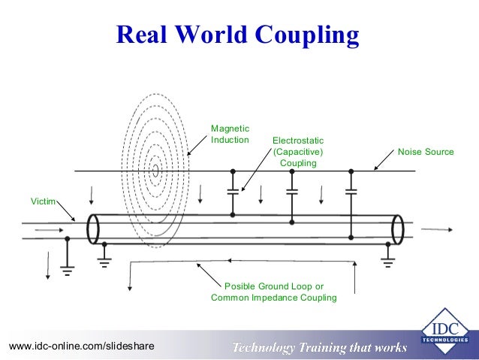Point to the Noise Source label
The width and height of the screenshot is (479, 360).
[x=426, y=152]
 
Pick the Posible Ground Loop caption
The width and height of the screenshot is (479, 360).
[x=274, y=292]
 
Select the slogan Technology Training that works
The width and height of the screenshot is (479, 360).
[x=319, y=347]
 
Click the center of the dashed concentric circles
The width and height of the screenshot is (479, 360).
[x=155, y=171]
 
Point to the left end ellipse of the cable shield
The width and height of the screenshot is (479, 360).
[x=94, y=228]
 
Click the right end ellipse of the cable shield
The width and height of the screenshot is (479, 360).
[x=398, y=228]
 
